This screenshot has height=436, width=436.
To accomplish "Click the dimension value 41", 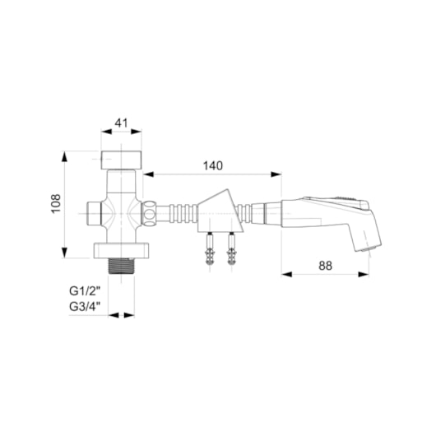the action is click(x=121, y=123).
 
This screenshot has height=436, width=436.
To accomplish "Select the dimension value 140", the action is click(x=213, y=165).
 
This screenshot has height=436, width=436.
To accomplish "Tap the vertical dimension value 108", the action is click(x=56, y=203).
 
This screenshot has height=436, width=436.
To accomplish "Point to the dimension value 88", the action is click(x=325, y=266).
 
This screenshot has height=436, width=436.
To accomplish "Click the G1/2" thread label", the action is click(x=85, y=291).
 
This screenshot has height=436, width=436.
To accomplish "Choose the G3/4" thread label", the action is click(x=85, y=307).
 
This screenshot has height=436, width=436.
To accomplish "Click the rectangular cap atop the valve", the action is click(x=121, y=160).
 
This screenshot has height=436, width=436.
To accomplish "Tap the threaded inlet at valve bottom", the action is click(x=121, y=267).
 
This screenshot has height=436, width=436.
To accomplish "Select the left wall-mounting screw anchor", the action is click(x=209, y=248).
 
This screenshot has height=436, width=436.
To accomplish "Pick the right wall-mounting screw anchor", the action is click(x=231, y=248).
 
